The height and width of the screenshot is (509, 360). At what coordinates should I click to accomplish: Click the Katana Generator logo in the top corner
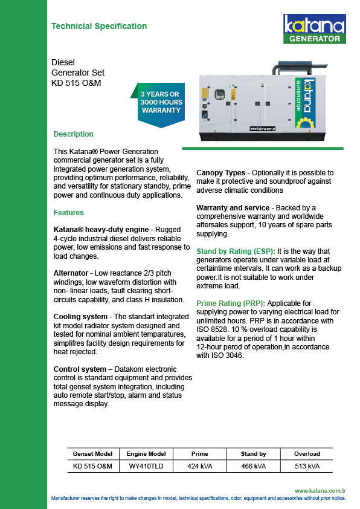click(x=315, y=28)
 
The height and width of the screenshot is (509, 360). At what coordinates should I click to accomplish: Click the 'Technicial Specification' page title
click(x=99, y=26)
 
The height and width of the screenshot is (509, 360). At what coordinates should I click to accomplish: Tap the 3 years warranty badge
click(x=159, y=105)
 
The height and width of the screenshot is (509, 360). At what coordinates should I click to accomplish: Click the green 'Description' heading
click(x=73, y=134)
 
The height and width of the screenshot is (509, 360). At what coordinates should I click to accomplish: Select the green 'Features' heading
click(x=68, y=213)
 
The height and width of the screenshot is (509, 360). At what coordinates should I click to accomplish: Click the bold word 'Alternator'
click(x=71, y=273)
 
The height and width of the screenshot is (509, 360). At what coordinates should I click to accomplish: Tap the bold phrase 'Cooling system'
click(x=80, y=317)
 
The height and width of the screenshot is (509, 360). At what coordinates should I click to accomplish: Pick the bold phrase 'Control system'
click(x=80, y=369)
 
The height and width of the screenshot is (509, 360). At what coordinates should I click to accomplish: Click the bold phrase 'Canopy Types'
click(x=221, y=173)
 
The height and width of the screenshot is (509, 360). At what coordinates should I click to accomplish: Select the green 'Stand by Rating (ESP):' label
click(x=236, y=251)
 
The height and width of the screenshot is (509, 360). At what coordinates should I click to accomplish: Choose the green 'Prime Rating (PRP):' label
click(x=231, y=303)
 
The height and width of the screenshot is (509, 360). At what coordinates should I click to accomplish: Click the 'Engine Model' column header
click(x=146, y=454)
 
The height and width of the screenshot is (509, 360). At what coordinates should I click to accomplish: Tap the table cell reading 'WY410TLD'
click(x=146, y=466)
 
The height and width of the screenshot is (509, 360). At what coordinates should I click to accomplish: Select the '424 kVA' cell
click(x=200, y=466)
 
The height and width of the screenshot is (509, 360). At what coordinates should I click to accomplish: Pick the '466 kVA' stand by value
click(x=253, y=466)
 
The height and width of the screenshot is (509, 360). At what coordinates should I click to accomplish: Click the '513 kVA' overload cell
click(x=307, y=466)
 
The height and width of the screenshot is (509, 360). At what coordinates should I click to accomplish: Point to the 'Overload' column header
click(x=307, y=454)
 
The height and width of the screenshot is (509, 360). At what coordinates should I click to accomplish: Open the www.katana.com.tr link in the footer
click(x=320, y=490)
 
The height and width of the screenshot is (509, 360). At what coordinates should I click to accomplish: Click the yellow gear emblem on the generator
click(x=304, y=123)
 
